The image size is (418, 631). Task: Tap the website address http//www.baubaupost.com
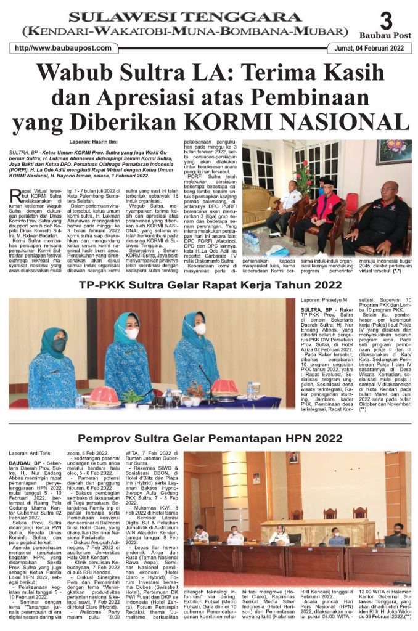click(61, 48)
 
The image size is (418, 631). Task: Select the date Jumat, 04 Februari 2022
click(369, 48)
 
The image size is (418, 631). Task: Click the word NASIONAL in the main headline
click(347, 120)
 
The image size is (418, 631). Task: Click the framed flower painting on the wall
click(394, 152)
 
